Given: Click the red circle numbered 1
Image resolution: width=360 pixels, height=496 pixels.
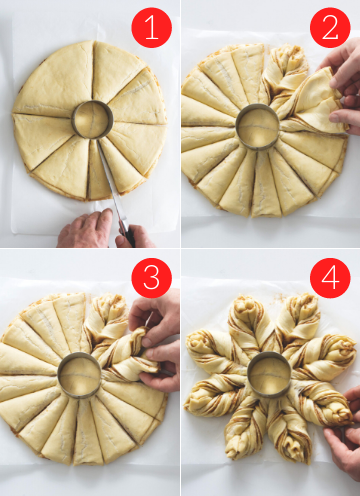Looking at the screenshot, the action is pyautogui.click(x=152, y=28).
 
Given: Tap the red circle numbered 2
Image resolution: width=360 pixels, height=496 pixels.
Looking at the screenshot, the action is pyautogui.click(x=330, y=28).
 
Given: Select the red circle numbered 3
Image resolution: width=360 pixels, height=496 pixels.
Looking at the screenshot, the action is pyautogui.click(x=152, y=278).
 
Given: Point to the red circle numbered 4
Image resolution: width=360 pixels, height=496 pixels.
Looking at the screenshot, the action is pyautogui.click(x=330, y=278).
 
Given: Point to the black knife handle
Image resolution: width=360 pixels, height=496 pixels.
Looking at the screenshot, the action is pyautogui.click(x=128, y=235).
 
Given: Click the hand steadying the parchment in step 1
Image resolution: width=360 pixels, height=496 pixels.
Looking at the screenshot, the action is pyautogui.click(x=85, y=229).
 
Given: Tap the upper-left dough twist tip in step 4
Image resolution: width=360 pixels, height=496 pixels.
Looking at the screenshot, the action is pyautogui.click(x=197, y=342).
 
